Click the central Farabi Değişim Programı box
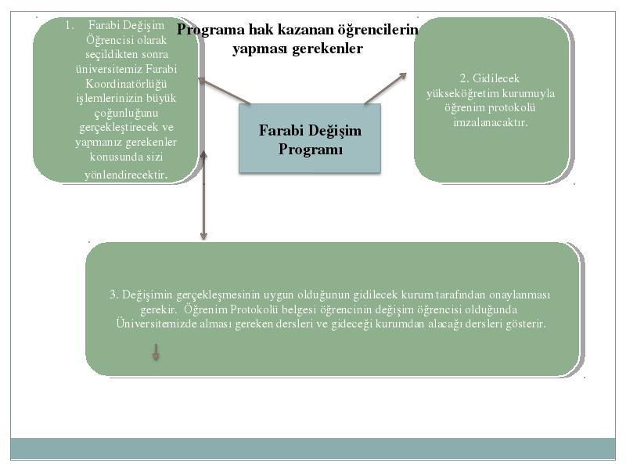pyautogui.click(x=310, y=139)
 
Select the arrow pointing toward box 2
pyautogui.click(x=385, y=89)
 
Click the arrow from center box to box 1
pyautogui.click(x=225, y=91)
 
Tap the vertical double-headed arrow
pyautogui.click(x=203, y=195)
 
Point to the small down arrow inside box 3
pyautogui.click(x=156, y=352)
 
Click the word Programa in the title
pyautogui.click(x=210, y=30)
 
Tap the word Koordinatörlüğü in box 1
pyautogui.click(x=126, y=84)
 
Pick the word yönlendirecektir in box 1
pyautogui.click(x=125, y=175)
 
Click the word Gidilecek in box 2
pyautogui.click(x=496, y=78)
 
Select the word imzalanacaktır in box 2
pyautogui.click(x=491, y=122)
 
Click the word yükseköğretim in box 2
pyautogui.click(x=462, y=93)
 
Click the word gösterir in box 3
pyautogui.click(x=525, y=324)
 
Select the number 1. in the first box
pyautogui.click(x=70, y=25)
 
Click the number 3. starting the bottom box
pyautogui.click(x=113, y=295)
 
